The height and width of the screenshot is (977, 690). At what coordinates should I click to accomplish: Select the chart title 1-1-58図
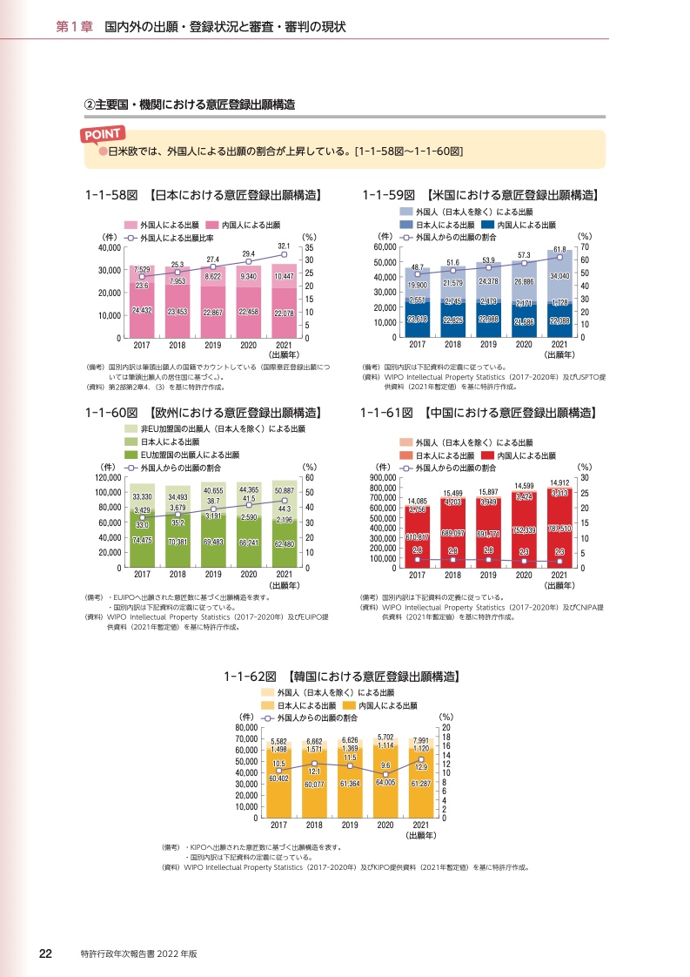[x=110, y=194]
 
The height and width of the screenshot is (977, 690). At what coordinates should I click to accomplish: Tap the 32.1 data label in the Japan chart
[x=284, y=246]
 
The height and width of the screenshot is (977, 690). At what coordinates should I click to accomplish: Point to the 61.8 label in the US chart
[x=559, y=250]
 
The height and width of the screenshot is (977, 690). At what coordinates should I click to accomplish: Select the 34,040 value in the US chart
[x=559, y=276]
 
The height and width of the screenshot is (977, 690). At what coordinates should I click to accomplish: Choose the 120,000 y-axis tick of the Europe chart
[x=108, y=478]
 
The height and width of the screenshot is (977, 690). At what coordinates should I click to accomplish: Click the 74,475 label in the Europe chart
[x=142, y=541]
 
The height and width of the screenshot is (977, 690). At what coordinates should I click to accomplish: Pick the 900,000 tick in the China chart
[x=383, y=478]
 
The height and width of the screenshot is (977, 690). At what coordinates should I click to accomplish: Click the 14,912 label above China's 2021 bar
[x=559, y=482]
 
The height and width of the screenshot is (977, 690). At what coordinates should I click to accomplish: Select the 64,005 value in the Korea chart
[x=385, y=782]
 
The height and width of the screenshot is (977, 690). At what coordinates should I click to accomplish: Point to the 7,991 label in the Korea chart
[x=420, y=740]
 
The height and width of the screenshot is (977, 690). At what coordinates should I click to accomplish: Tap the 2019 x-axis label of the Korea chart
[x=350, y=824]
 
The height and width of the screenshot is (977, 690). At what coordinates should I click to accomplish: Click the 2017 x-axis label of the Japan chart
[x=142, y=344]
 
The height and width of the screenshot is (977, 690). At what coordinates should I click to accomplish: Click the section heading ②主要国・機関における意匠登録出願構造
[x=189, y=104]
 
